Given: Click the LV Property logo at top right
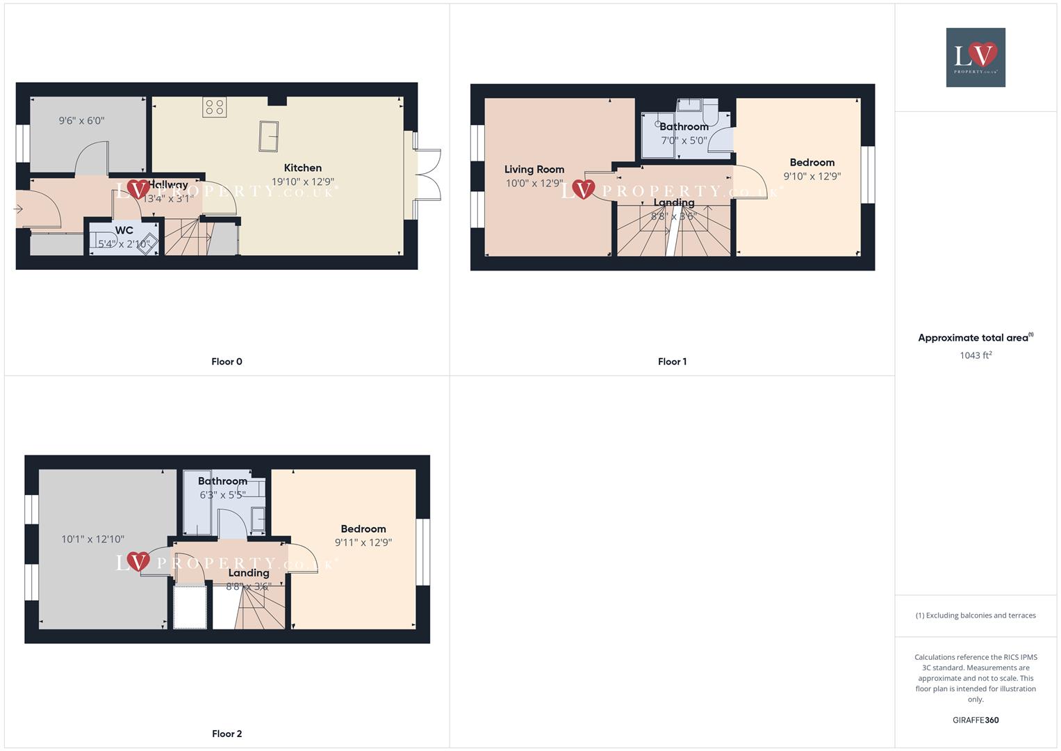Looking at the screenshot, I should tap(975, 57).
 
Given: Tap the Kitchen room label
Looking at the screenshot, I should tap(302, 168).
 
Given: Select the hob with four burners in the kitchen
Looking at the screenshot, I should tap(215, 106).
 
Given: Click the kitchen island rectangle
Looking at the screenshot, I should tap(268, 136).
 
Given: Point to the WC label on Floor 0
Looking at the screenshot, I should tap(124, 230).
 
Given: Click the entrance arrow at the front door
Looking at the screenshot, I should tap(18, 209).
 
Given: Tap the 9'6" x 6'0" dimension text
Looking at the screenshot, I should tap(81, 120).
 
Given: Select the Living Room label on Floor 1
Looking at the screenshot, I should tap(534, 169).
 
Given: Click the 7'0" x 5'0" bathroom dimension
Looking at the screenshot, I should tap(684, 140).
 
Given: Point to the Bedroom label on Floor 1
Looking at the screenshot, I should tap(812, 162).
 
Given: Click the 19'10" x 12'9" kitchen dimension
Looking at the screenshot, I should tap(302, 182).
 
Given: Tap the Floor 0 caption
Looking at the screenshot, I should tap(227, 362).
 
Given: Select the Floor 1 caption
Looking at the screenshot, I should tap(672, 362).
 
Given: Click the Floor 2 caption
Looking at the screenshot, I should tap(227, 734).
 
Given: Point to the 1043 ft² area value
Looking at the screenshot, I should tap(976, 355).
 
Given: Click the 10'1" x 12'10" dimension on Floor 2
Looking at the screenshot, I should tap(92, 539).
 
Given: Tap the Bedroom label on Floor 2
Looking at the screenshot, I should tap(363, 528).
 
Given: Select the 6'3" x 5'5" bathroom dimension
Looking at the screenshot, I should tap(222, 495).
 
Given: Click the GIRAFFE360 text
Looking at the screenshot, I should tap(976, 720).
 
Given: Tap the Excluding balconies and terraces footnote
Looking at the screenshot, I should tap(976, 615).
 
